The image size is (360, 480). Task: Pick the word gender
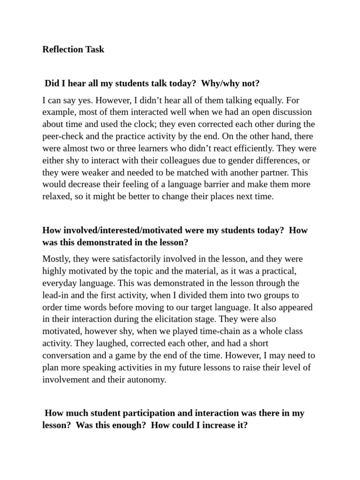pos(234,160)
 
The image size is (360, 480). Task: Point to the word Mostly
pos(55,259)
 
